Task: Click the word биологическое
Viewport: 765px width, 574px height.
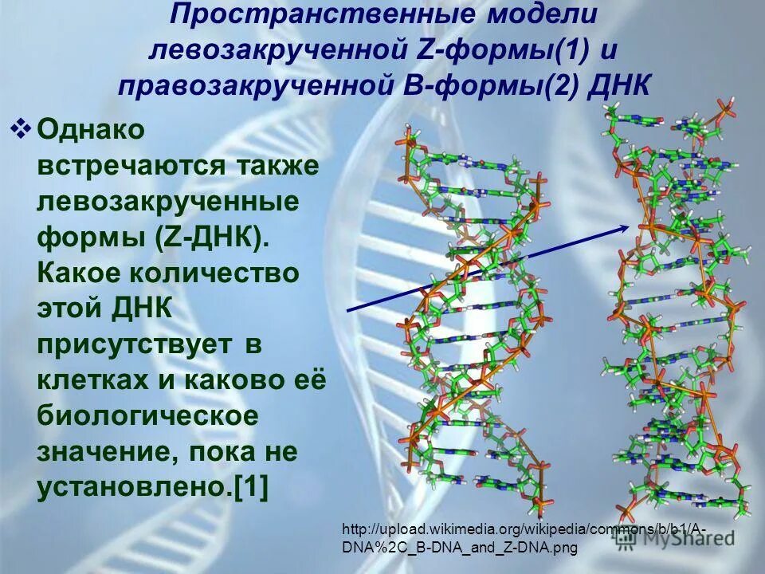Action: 148,417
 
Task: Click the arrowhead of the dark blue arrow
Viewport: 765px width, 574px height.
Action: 624,228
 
